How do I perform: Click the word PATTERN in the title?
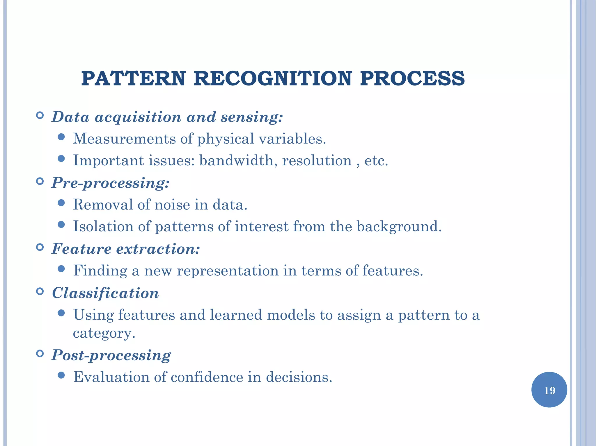[133, 79]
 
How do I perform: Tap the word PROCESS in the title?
[412, 79]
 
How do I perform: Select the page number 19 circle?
[549, 390]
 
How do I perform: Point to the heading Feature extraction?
[126, 249]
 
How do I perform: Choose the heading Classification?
[105, 293]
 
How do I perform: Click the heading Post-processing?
[111, 355]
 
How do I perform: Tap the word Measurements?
[124, 139]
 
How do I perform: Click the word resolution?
[317, 161]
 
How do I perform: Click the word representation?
[228, 271]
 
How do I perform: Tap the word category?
[104, 333]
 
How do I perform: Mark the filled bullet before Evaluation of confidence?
[61, 375]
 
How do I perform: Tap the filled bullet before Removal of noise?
[61, 203]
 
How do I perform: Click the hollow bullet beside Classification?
[40, 291]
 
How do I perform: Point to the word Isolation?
[103, 226]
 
